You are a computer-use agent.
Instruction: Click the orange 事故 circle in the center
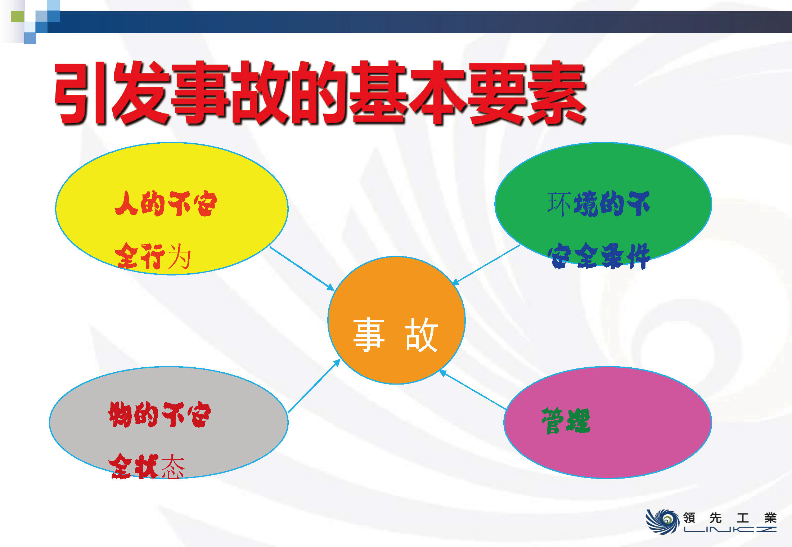[396, 320]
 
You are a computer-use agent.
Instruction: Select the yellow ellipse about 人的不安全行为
[172, 209]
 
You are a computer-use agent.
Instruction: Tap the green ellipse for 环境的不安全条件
[603, 204]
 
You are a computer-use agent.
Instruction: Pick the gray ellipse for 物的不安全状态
[168, 422]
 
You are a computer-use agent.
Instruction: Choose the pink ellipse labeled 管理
[608, 422]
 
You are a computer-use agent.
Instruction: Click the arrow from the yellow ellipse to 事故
[302, 269]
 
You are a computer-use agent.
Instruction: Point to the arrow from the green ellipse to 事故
[486, 265]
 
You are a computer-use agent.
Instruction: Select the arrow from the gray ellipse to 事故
[314, 386]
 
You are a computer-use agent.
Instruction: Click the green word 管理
[566, 421]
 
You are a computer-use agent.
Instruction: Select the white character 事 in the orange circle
[369, 335]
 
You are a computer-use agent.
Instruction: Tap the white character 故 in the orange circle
[421, 335]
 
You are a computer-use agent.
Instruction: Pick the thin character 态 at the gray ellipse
[172, 466]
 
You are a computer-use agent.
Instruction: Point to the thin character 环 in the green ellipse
[559, 204]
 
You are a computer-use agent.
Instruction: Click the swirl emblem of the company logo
[662, 521]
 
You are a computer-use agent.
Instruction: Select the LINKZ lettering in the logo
[730, 529]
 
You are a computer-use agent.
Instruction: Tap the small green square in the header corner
[17, 17]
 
